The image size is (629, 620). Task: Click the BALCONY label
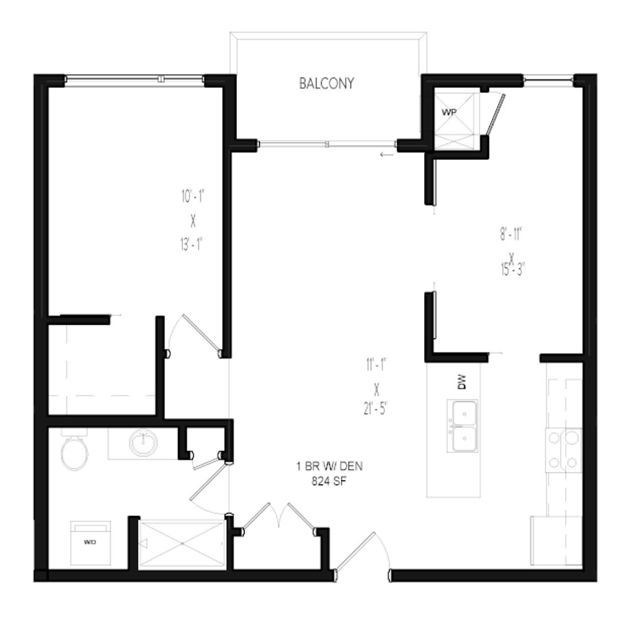click(327, 83)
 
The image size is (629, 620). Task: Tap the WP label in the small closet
click(448, 111)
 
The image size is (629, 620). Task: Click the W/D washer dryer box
click(90, 542)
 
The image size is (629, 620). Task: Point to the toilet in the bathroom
click(73, 451)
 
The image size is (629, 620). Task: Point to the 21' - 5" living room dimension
click(376, 411)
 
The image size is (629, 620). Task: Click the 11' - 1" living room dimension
click(376, 363)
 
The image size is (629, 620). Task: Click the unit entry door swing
click(363, 554)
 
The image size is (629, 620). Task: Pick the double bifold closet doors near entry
click(279, 517)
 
